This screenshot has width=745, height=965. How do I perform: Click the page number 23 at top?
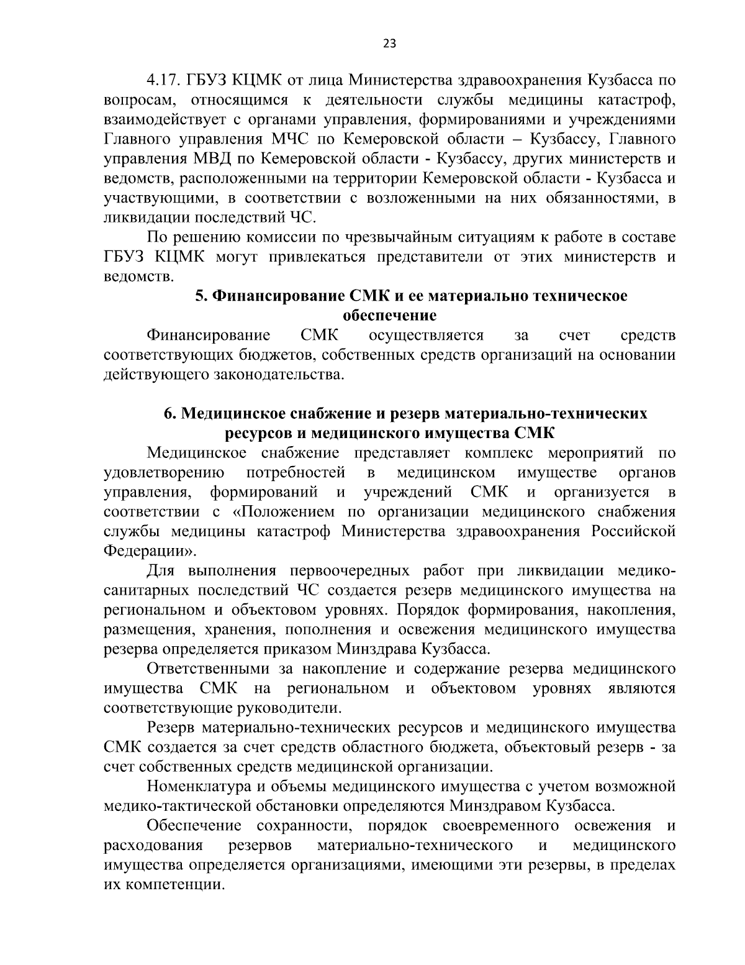point(390,43)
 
